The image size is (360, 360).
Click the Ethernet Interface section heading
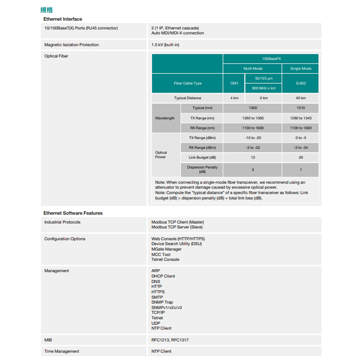63,19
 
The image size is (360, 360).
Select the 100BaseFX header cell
271,59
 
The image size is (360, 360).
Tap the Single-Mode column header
301,68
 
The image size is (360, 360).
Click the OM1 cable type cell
234,83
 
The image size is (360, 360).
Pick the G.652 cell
301,83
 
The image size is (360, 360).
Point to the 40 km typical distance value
301,98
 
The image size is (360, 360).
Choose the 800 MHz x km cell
264,88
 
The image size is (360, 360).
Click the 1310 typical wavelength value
301,108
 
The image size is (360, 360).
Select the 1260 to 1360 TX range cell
253,118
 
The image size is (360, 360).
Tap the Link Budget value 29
301,157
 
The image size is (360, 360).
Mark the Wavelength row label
165,118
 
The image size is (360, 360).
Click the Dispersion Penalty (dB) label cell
202,170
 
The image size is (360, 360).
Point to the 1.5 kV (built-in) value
165,45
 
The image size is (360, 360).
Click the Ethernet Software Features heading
73,213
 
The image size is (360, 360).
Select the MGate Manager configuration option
166,249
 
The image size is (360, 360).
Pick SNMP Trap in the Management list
162,302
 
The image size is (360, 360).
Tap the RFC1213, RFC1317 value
170,340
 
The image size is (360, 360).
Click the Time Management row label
62,351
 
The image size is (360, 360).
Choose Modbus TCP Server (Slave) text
177,227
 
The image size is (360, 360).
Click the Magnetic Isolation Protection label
71,45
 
